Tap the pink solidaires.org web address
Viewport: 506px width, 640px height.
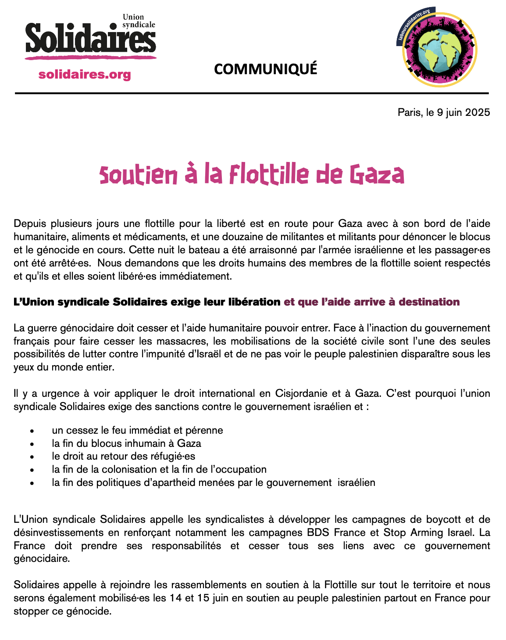point(85,74)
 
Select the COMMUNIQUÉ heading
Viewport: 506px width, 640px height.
point(265,69)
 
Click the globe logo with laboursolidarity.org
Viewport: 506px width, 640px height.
point(439,48)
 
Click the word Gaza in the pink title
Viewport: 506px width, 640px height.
point(377,175)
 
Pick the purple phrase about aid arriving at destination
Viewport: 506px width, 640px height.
point(372,302)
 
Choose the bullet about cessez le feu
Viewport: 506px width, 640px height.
point(137,430)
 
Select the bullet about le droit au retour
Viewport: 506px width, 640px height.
point(123,456)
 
